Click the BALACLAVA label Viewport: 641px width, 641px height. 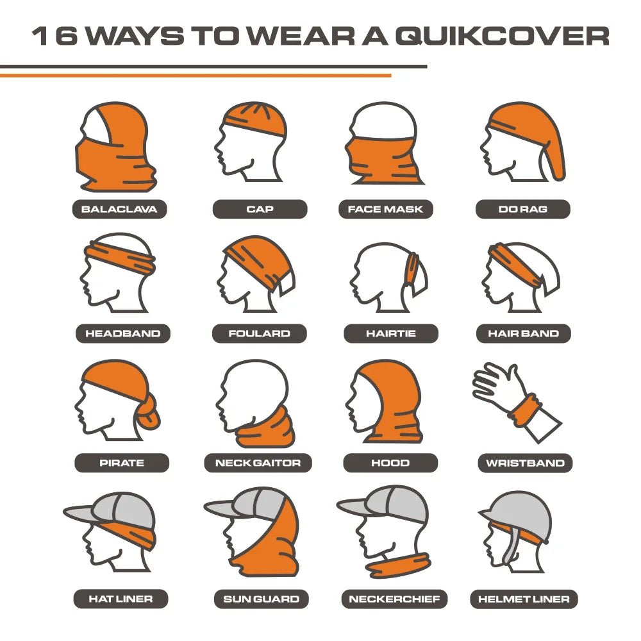(119, 209)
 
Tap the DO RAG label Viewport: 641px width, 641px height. (522, 209)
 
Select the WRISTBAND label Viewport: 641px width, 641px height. (525, 463)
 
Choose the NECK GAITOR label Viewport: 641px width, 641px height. (258, 463)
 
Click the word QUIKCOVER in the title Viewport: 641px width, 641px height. (501, 37)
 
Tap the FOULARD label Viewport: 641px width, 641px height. (259, 333)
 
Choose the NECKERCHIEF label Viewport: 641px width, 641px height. (394, 599)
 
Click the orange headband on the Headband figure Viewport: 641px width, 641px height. (122, 260)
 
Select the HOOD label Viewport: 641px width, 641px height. (390, 463)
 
